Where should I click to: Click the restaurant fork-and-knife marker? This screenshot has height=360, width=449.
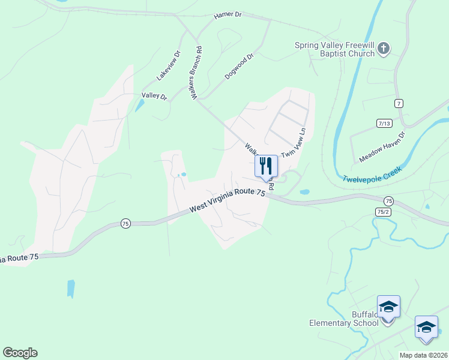point(266,166)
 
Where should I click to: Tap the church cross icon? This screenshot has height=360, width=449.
point(384,49)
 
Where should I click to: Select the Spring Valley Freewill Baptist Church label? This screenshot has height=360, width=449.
point(334,49)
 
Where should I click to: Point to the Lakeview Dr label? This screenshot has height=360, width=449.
point(169,65)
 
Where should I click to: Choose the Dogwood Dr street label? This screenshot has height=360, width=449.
point(240,66)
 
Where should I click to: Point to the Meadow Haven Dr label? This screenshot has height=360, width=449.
point(382,148)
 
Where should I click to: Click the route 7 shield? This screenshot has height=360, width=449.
point(399,104)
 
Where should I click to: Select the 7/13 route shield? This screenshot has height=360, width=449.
point(384,123)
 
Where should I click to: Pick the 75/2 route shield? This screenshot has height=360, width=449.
point(382,211)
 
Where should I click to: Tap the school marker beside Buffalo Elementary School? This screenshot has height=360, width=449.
point(388,307)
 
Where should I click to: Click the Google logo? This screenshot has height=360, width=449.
point(20,353)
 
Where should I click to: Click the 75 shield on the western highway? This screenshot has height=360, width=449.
point(125,223)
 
